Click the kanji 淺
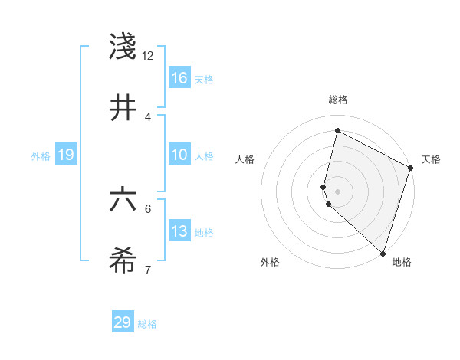(123, 47)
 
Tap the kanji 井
(123, 108)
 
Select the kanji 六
(123, 201)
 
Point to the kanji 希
(123, 261)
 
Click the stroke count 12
(148, 56)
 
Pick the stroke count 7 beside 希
(148, 270)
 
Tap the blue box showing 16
(179, 77)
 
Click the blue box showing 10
(179, 155)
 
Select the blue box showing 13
(179, 231)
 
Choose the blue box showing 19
(65, 155)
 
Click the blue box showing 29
(123, 322)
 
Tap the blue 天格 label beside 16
(204, 79)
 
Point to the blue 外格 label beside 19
(41, 155)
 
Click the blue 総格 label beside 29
(147, 324)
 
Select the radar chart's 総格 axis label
(337, 100)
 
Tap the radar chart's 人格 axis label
(245, 159)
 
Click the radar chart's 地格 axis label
(402, 262)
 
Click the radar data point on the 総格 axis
(337, 131)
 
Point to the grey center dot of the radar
(337, 191)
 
